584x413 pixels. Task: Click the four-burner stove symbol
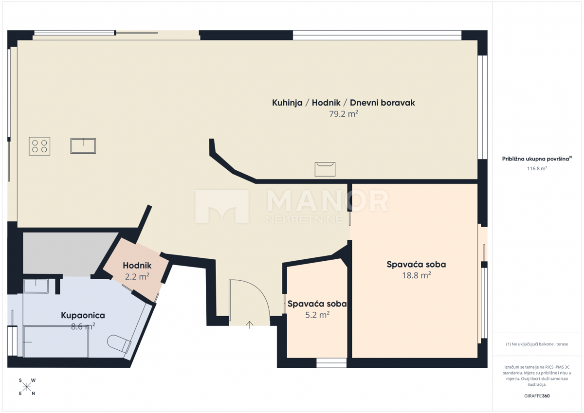click(x=39, y=146)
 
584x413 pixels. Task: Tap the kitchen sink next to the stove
click(x=83, y=146)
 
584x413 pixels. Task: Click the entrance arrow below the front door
click(x=250, y=324)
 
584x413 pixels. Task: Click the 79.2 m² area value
click(x=343, y=114)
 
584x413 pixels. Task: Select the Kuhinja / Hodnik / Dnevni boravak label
click(x=343, y=103)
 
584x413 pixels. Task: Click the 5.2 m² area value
click(x=317, y=314)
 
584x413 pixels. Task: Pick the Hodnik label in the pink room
click(x=137, y=266)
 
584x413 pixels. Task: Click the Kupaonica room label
click(x=83, y=315)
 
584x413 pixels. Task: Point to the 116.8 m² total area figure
click(x=537, y=168)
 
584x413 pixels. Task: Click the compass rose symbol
click(x=27, y=387)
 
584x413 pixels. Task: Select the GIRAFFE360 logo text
click(x=537, y=395)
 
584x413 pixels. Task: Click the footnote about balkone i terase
click(x=537, y=344)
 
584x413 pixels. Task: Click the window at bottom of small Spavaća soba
click(x=331, y=363)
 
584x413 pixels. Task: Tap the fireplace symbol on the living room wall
click(x=325, y=169)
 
